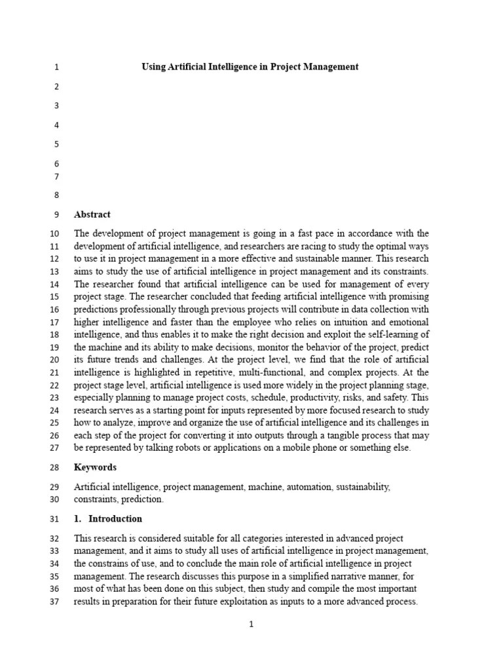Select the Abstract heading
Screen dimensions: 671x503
click(x=92, y=214)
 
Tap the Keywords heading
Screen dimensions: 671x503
click(x=95, y=467)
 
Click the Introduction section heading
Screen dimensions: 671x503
click(x=115, y=518)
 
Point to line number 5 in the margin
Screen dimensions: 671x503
click(x=56, y=144)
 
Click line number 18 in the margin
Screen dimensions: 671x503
click(x=54, y=334)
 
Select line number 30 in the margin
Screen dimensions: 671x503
click(x=54, y=499)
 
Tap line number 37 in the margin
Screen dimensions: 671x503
click(x=54, y=602)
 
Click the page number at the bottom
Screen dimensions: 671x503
click(x=251, y=624)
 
